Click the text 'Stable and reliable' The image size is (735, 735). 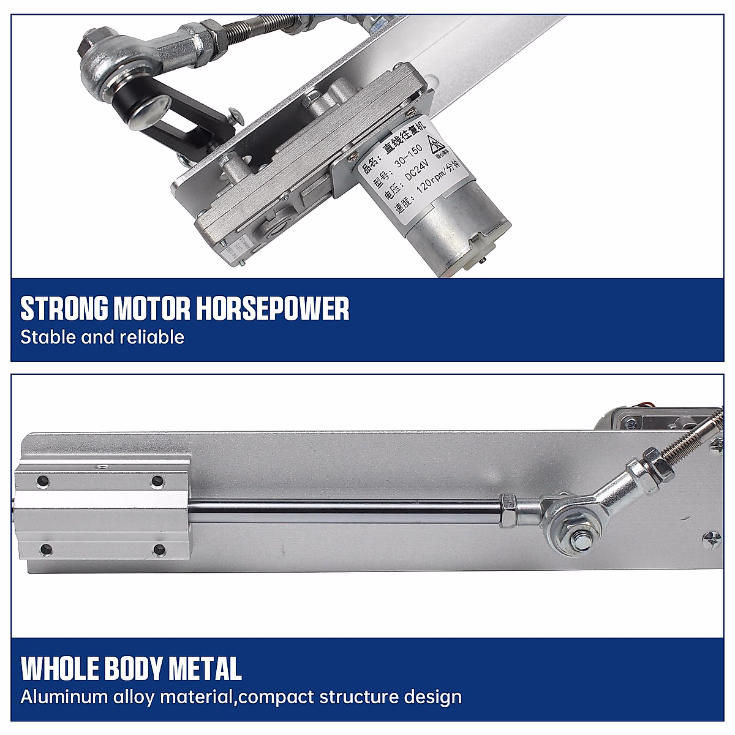(x=102, y=337)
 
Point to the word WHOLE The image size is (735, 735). (x=59, y=668)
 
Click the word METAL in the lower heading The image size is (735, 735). (x=205, y=668)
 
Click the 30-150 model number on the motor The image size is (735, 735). (x=408, y=153)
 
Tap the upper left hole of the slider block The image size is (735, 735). (x=42, y=481)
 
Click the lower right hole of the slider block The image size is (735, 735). (x=159, y=549)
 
